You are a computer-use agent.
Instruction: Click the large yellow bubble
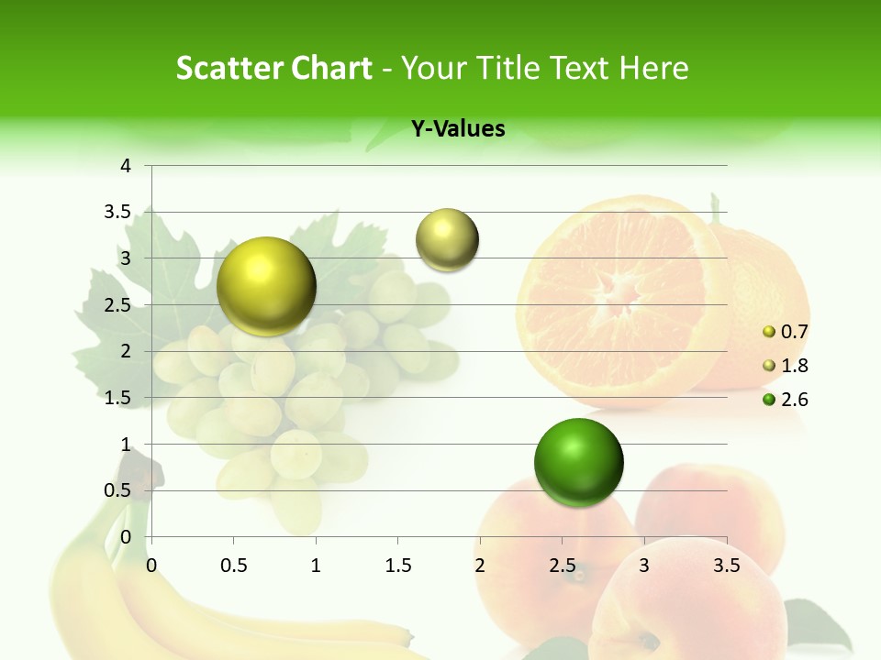coord(266,286)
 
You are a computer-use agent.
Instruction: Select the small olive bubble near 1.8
coord(447,240)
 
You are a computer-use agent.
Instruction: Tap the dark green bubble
coord(578,462)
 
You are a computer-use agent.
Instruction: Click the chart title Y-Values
coord(458,129)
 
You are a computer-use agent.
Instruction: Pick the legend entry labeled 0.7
coord(794,332)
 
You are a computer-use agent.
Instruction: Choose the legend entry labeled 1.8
coord(794,366)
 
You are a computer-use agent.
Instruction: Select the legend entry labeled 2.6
coord(794,400)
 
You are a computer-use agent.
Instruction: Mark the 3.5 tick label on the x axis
coord(726,566)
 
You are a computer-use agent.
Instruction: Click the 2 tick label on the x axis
coord(480,566)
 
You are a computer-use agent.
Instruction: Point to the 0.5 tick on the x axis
coord(234,566)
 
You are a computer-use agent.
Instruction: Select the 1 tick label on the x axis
coord(316,566)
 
